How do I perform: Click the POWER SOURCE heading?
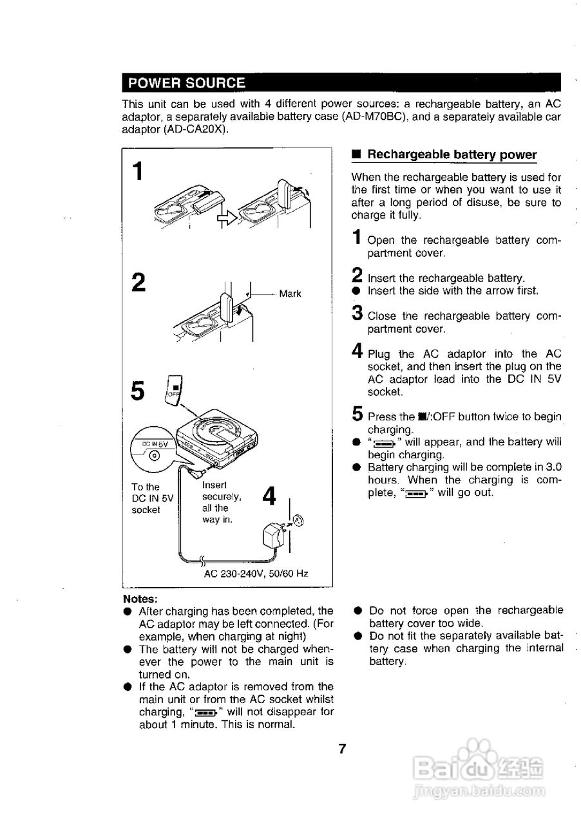(187, 83)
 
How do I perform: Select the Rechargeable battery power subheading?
(452, 154)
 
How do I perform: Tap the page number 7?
(343, 749)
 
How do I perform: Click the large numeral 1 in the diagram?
(137, 172)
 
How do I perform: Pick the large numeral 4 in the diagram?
(270, 496)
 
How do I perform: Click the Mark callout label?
(290, 294)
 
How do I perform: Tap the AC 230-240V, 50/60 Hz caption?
(256, 573)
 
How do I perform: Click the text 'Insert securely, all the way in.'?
(221, 502)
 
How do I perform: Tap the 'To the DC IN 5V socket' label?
(152, 498)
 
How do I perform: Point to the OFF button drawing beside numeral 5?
(173, 389)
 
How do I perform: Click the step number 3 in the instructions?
(357, 314)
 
